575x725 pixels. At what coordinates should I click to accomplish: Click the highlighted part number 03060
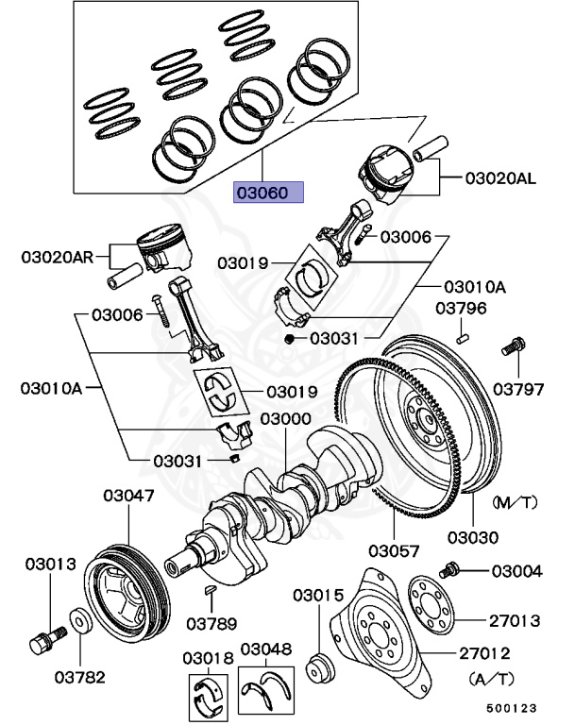point(269,194)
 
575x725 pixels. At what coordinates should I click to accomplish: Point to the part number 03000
point(286,418)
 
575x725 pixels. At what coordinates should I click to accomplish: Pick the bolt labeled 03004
point(449,569)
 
